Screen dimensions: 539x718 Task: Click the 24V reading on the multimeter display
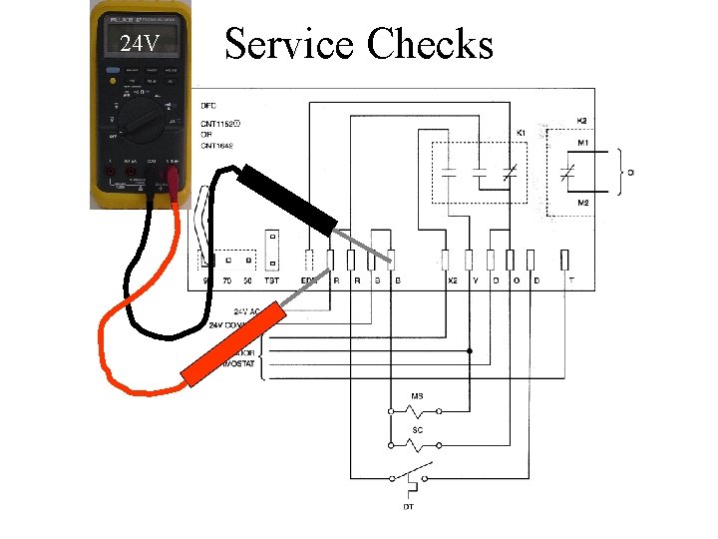tap(140, 44)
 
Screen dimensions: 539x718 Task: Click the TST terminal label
tap(271, 281)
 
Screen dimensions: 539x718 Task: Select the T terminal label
tap(570, 281)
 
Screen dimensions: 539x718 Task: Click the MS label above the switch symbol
tap(418, 397)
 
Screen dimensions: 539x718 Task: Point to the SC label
tap(418, 431)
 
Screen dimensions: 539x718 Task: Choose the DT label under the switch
tap(409, 507)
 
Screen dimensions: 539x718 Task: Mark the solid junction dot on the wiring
tap(470, 351)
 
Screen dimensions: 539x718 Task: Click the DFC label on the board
tap(208, 105)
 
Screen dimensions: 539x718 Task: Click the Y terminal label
tap(475, 281)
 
